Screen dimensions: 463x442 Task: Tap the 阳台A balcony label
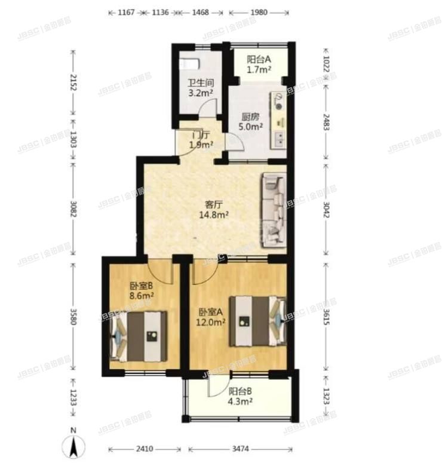click(260, 59)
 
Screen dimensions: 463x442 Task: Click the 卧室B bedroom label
click(142, 286)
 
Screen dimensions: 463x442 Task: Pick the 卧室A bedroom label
click(211, 312)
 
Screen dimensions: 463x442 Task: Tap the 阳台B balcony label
click(241, 392)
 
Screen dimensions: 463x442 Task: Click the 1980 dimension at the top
click(258, 12)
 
